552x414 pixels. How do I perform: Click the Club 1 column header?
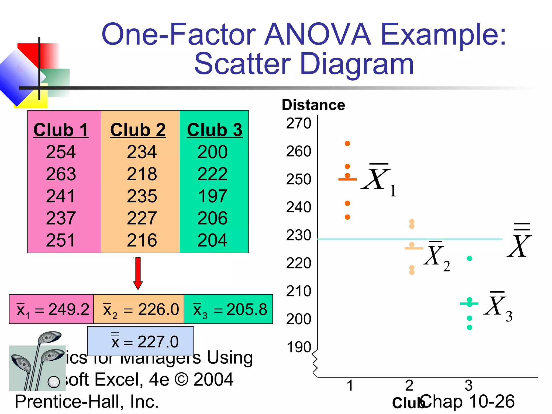click(x=61, y=130)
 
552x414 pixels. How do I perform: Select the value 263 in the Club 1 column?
click(x=61, y=174)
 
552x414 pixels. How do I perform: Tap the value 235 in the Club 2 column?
click(x=142, y=196)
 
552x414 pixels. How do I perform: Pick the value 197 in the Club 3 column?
click(x=213, y=196)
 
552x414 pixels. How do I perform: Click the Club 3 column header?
click(x=215, y=130)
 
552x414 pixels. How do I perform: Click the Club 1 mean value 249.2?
click(x=69, y=309)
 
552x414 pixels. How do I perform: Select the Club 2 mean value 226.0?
click(x=158, y=309)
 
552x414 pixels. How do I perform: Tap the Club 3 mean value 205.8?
click(x=247, y=309)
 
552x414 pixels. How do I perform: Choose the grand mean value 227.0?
click(x=158, y=342)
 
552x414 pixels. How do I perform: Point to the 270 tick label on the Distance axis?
click(x=299, y=123)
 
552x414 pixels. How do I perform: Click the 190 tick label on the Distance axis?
click(x=299, y=347)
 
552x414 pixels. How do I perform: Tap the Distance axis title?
click(x=313, y=105)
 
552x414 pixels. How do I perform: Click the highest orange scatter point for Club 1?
click(x=347, y=143)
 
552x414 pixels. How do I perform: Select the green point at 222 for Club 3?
click(x=470, y=258)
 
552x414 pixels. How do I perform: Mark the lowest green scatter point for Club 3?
click(x=470, y=327)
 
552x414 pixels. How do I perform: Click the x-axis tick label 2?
click(x=409, y=385)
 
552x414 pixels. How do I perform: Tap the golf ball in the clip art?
click(x=53, y=381)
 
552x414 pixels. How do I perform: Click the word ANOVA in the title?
click(x=318, y=34)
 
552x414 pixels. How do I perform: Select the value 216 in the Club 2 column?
click(x=142, y=240)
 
